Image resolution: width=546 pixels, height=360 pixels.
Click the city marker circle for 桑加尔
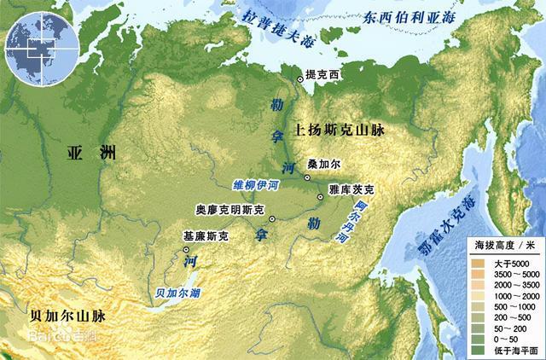pyautogui.click(x=306, y=177)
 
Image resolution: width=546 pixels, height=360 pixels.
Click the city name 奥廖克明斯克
pyautogui.click(x=229, y=208)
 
